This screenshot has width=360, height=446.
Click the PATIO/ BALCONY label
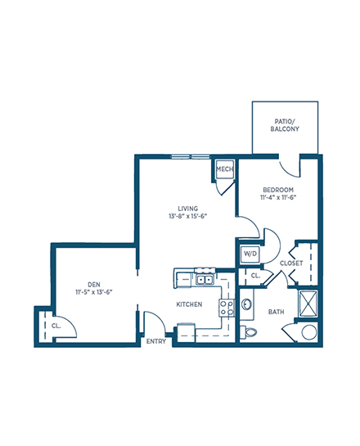click(x=285, y=125)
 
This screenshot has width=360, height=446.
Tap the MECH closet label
click(x=225, y=169)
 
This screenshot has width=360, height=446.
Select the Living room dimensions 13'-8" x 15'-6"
click(x=187, y=216)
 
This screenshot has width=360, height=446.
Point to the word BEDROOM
click(x=278, y=190)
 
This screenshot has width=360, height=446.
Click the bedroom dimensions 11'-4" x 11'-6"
click(x=278, y=197)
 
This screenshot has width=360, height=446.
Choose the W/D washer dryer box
click(x=250, y=254)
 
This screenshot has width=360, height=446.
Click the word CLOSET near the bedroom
click(x=291, y=264)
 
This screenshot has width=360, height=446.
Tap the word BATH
click(x=276, y=312)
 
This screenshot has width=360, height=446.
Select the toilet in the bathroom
click(x=248, y=332)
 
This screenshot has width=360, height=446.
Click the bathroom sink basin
click(x=246, y=304)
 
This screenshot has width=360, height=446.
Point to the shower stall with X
click(x=308, y=304)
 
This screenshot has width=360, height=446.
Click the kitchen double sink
click(x=205, y=280)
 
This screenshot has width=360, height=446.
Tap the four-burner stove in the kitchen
click(x=227, y=308)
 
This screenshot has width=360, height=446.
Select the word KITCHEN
click(x=189, y=304)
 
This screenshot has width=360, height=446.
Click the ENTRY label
click(x=155, y=341)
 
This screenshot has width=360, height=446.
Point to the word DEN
click(x=94, y=285)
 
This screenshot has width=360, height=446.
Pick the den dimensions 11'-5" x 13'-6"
click(x=94, y=292)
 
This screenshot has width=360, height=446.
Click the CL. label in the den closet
click(x=56, y=326)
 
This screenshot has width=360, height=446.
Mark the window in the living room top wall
click(x=191, y=156)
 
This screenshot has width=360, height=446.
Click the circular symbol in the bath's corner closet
click(x=309, y=332)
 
